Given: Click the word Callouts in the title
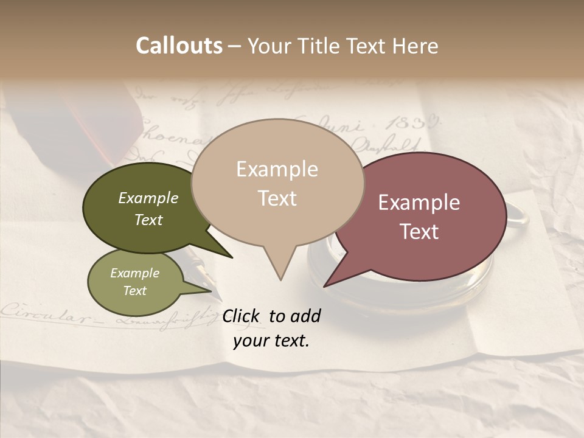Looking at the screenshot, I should coord(179,46).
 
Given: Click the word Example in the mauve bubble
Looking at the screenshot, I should coord(419,203).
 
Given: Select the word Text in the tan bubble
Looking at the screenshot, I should coord(277,198).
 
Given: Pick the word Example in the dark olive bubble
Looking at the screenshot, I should coord(148,198).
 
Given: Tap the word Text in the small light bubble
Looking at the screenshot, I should coord(135,291).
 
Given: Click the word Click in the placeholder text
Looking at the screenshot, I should coord(242,316).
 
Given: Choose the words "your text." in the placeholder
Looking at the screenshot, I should coord(271,341).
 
